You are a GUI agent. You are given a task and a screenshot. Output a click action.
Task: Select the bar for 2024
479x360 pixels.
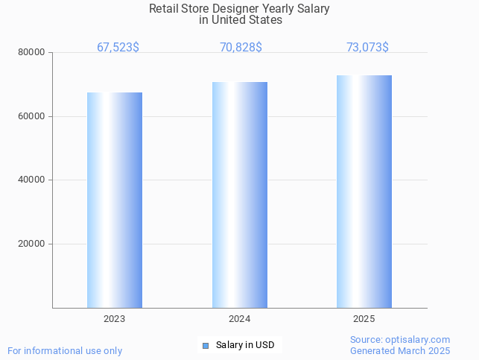pyautogui.click(x=240, y=195)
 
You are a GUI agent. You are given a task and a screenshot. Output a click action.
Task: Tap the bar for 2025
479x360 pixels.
pyautogui.click(x=364, y=192)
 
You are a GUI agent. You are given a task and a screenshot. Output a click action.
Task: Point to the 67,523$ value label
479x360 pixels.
pyautogui.click(x=118, y=47)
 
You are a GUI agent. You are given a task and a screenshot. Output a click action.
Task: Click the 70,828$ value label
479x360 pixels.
pyautogui.click(x=241, y=47)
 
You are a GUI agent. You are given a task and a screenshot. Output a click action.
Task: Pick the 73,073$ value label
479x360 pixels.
pyautogui.click(x=367, y=47)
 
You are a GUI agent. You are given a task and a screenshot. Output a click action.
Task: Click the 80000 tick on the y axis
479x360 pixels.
pyautogui.click(x=33, y=53)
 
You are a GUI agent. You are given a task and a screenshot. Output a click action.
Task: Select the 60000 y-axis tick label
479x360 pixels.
pyautogui.click(x=33, y=116)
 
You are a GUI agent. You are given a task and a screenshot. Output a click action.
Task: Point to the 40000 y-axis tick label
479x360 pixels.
pyautogui.click(x=33, y=180)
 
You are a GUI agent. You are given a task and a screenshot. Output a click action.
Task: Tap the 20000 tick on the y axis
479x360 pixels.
pyautogui.click(x=33, y=244)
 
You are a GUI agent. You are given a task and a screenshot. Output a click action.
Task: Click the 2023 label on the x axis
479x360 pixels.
pyautogui.click(x=115, y=319)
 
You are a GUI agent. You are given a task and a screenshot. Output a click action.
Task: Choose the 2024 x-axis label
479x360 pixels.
pyautogui.click(x=240, y=319)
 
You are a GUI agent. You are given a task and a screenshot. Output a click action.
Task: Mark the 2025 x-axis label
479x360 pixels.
pyautogui.click(x=364, y=319)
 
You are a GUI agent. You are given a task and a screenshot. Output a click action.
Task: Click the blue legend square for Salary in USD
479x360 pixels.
pyautogui.click(x=206, y=345)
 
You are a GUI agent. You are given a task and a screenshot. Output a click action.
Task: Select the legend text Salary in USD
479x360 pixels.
pyautogui.click(x=245, y=345)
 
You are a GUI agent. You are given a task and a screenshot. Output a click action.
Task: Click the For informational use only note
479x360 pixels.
pyautogui.click(x=65, y=350)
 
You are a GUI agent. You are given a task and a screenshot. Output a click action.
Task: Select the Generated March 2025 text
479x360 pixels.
pyautogui.click(x=400, y=350)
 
